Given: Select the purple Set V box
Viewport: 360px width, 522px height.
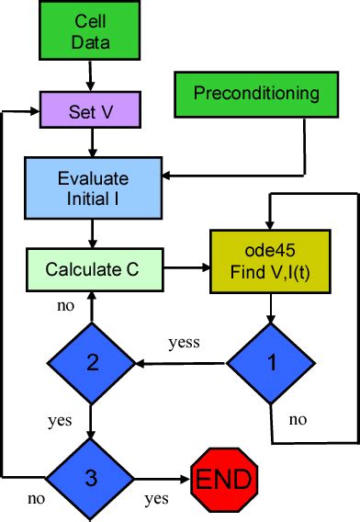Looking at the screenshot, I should pyautogui.click(x=90, y=112).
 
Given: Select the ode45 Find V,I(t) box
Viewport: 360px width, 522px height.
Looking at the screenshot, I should pyautogui.click(x=268, y=260).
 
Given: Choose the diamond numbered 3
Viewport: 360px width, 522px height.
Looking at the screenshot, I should pyautogui.click(x=91, y=478).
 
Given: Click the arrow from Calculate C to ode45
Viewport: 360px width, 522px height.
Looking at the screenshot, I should pyautogui.click(x=188, y=268).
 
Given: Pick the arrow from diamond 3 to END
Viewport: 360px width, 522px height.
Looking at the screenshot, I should pyautogui.click(x=161, y=479).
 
